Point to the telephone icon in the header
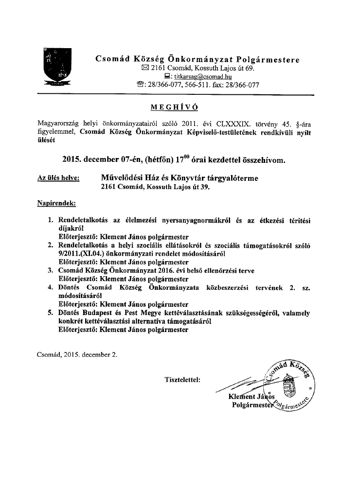tap(141, 85)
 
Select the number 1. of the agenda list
tap(50, 220)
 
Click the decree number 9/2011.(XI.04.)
tap(83, 253)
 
